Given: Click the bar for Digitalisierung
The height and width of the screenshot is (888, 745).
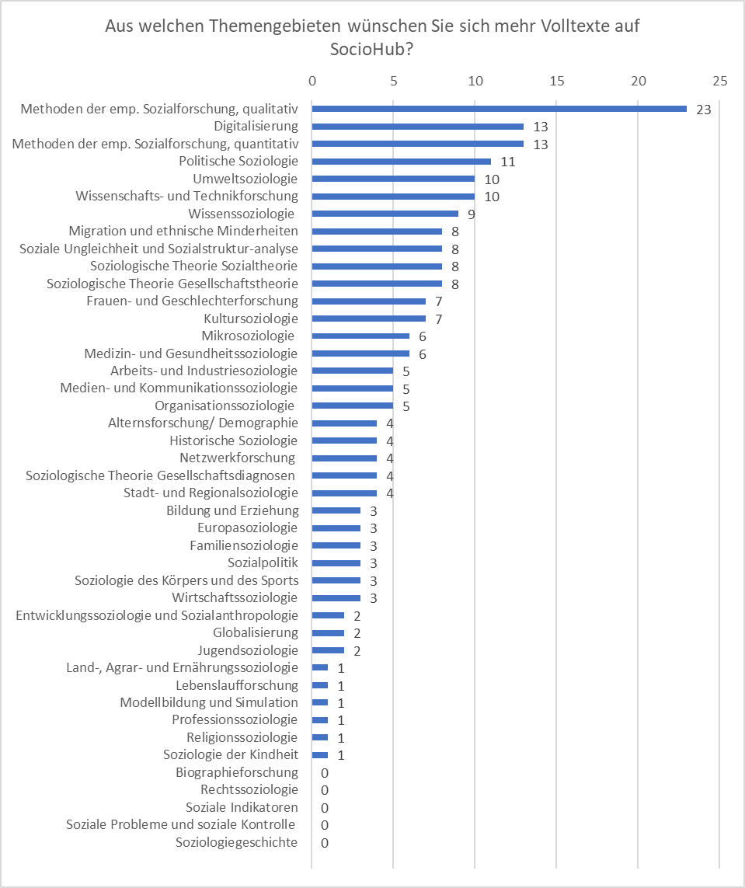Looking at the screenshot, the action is point(418,127).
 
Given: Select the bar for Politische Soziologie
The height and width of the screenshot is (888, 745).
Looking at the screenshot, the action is point(402,162).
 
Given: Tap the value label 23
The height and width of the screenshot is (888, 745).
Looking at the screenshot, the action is point(704,110).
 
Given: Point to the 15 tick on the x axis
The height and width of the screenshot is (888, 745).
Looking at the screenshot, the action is point(557,81).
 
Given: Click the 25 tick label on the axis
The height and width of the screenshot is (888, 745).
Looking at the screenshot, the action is point(720,81).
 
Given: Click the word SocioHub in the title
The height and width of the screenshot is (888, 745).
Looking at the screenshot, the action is point(368,49).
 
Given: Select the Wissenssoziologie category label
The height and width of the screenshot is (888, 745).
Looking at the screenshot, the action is point(242,214).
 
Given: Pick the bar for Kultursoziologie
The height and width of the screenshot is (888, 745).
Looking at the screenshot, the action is point(368,319).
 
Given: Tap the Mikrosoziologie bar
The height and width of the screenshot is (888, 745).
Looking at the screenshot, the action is point(360,336).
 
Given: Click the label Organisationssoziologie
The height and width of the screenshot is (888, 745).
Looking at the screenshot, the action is point(225,406).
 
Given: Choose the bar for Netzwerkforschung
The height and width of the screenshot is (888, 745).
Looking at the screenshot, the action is point(344,458).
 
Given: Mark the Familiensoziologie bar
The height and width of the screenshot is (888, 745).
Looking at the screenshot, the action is point(336,545).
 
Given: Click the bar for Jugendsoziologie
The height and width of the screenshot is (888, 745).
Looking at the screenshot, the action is point(328,650).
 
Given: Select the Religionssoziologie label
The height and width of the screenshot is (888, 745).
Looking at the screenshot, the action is point(242,737).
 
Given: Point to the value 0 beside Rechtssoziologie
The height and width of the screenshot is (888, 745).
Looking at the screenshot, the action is point(325,790).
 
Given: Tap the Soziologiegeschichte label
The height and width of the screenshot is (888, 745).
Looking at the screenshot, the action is point(237,842).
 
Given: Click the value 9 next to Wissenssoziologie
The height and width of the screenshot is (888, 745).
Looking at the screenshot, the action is point(471,214).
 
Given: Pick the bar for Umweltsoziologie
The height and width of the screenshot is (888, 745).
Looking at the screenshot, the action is point(393,179).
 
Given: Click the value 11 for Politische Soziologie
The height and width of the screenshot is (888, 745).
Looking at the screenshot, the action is point(508,162).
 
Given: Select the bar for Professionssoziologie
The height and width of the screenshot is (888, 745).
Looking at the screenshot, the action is point(320,720).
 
